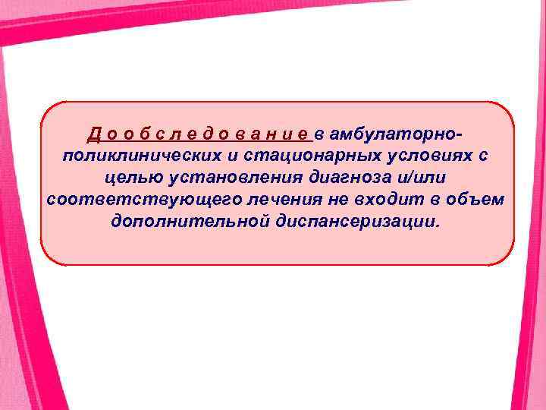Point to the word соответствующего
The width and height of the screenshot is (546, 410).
point(125,201)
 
